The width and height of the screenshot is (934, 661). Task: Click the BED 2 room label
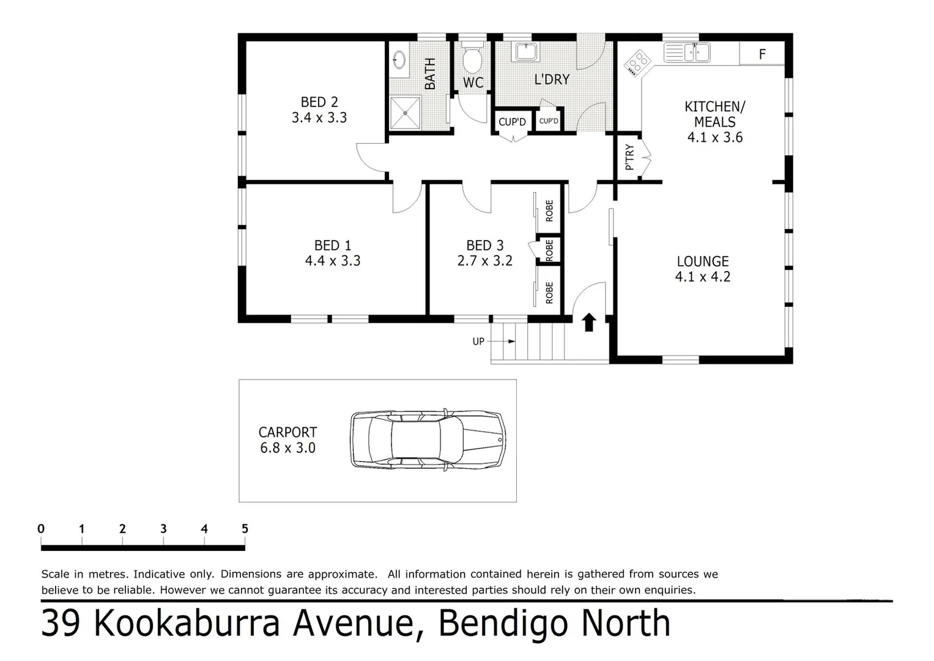click(319, 102)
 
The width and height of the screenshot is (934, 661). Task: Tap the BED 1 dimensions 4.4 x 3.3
click(333, 261)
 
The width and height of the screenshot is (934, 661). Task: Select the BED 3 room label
click(484, 245)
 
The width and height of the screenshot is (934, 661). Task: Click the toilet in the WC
click(472, 60)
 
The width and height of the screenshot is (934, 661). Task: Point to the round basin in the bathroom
click(399, 59)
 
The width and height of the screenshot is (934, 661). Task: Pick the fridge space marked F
click(762, 54)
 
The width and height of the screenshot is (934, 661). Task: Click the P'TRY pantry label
click(629, 157)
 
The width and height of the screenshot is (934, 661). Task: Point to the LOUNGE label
click(702, 261)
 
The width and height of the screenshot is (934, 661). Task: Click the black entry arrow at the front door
click(589, 322)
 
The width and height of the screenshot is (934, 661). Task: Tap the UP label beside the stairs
click(478, 342)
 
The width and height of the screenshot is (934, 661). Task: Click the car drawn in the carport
click(428, 439)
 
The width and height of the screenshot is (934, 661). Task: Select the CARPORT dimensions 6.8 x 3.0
click(287, 448)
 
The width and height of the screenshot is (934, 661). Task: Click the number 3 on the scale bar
click(163, 529)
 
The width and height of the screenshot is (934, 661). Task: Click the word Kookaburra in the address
click(187, 623)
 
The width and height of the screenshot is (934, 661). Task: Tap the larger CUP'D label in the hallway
click(512, 122)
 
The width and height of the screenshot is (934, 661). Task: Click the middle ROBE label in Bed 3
click(549, 250)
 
